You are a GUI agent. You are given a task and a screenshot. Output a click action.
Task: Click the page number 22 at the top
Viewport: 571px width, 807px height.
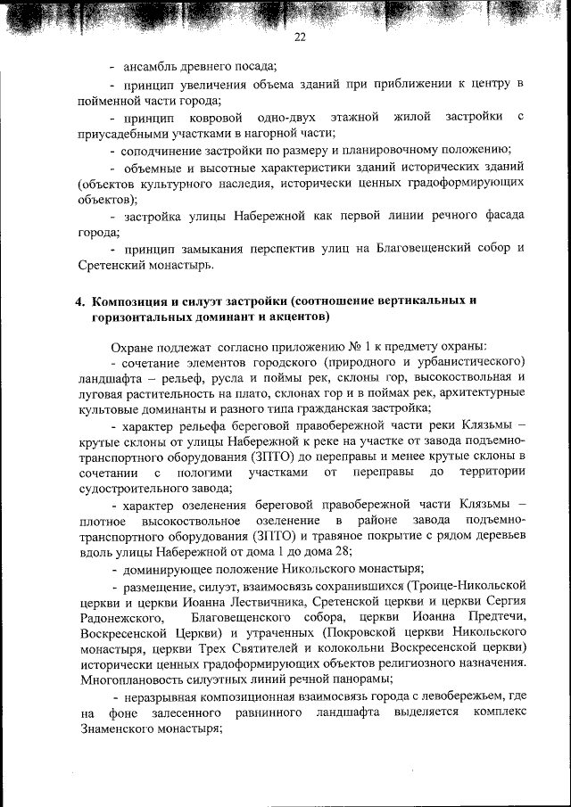tap(300, 37)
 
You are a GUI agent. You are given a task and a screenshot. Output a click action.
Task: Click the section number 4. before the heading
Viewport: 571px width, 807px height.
tap(79, 301)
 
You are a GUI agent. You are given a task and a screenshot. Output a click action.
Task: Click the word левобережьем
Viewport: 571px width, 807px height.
tap(455, 696)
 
